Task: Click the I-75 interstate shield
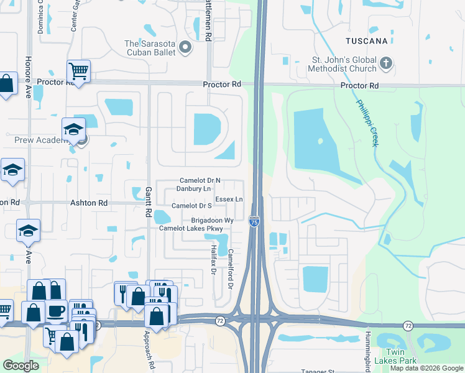point(254,221)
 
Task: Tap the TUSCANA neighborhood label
point(367,41)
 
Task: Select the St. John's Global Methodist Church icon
point(386,63)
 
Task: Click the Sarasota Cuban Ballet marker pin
point(185,47)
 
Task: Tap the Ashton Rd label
point(89,203)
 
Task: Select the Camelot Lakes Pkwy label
point(191,229)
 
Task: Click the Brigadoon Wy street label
point(212,221)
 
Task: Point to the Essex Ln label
point(229,199)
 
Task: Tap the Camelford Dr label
point(230,269)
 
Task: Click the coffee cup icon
point(55,310)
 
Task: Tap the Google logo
point(21,366)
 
